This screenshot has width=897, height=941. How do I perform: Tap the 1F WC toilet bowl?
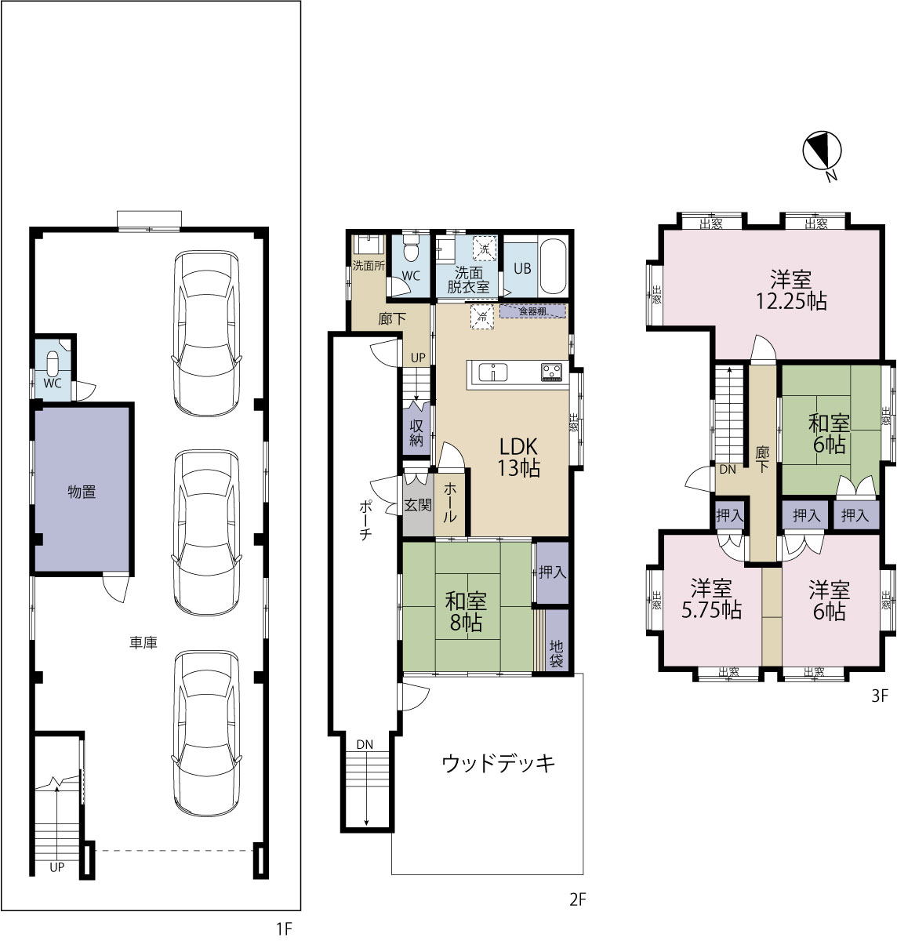coord(53,365)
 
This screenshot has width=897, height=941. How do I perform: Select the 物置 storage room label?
coord(82,492)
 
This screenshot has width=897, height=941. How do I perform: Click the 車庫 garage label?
coord(143,643)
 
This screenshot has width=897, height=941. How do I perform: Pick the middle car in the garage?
coord(206,532)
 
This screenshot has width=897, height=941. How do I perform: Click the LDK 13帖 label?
coord(519,457)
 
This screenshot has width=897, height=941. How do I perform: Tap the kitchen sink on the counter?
coord(493,372)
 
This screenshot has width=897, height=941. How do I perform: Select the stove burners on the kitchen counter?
coord(551,372)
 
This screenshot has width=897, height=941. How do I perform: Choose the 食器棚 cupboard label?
coord(532,311)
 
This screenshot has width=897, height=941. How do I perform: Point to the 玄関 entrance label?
coord(418,505)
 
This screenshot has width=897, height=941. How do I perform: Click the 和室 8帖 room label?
coord(466,612)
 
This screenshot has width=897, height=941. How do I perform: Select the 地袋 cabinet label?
coord(556,653)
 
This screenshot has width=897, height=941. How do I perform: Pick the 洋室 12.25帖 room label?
coord(791,290)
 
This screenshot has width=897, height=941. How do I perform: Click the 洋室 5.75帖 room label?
coord(711,599)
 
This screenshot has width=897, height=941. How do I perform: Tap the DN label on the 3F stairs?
coord(728,470)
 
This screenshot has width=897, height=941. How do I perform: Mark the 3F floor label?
coord(880,696)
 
